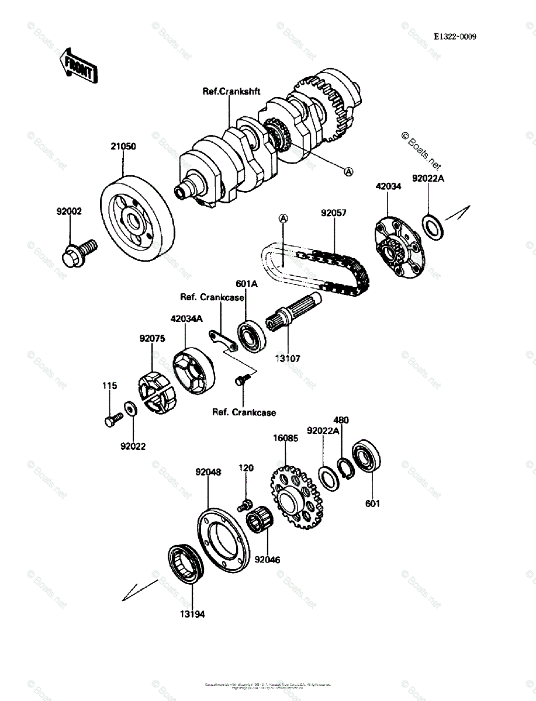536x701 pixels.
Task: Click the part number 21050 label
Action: (x=123, y=147)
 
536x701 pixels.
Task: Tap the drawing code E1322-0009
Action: (x=455, y=36)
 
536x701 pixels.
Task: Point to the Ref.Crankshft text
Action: (x=231, y=91)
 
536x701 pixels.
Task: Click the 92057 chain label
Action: (x=333, y=213)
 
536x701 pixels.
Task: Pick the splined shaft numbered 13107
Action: (x=292, y=315)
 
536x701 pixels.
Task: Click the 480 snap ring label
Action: (x=341, y=420)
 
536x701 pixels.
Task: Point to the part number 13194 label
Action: (x=192, y=614)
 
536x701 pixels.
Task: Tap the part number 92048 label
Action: (x=208, y=472)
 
